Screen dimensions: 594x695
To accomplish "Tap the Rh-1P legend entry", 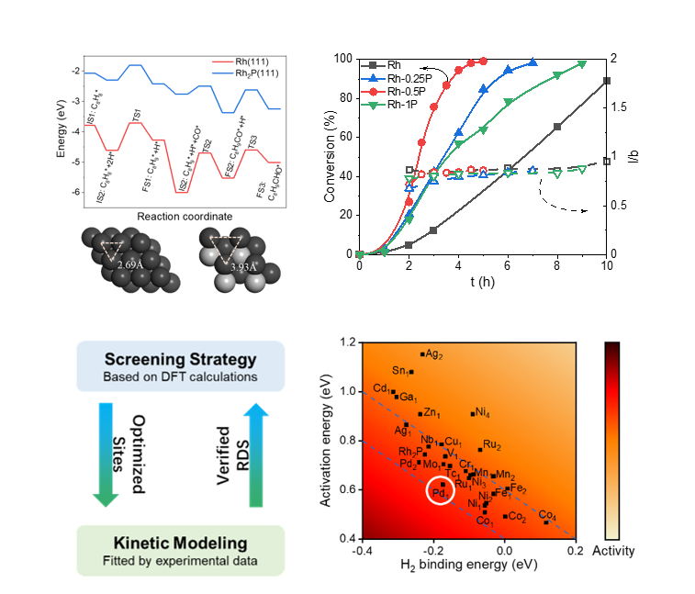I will (398, 106).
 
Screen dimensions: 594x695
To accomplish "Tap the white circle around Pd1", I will (441, 491).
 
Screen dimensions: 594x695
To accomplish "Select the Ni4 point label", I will (480, 412).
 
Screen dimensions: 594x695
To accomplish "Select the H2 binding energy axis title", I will (469, 565).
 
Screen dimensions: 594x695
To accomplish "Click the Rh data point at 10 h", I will (607, 81).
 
